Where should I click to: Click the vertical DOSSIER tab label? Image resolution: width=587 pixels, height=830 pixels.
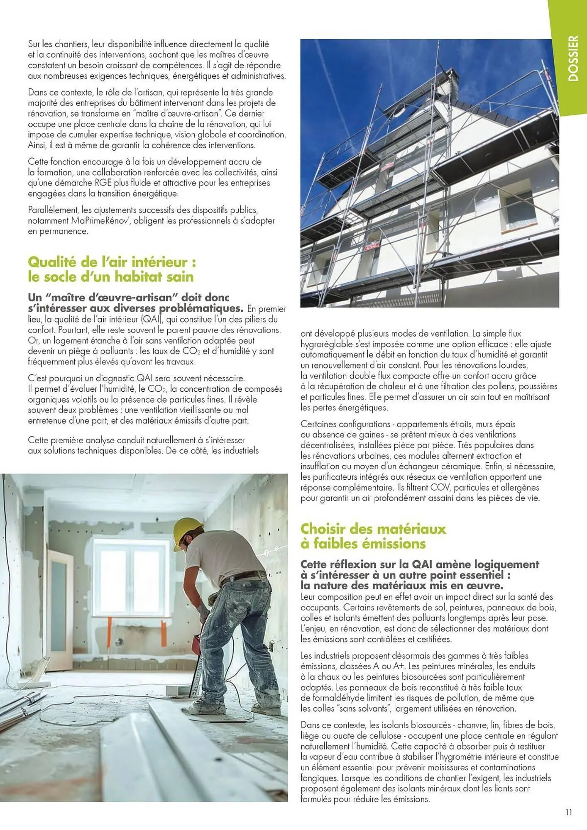pos(573,58)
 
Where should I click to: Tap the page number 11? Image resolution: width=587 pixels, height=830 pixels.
pos(568,812)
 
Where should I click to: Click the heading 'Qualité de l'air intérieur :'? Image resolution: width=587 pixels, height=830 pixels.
pos(112,262)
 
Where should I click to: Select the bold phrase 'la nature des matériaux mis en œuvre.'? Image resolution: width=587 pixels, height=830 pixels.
pos(402,586)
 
